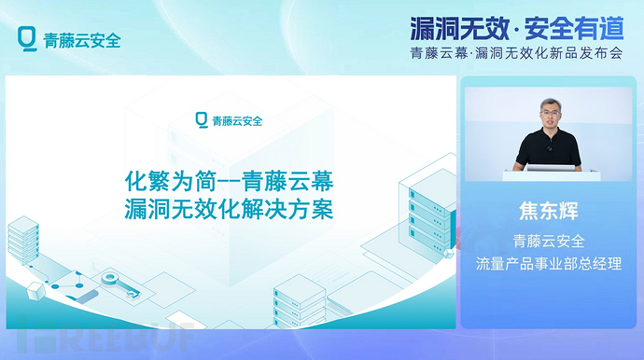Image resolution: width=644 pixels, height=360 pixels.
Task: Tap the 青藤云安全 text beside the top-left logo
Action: [82, 40]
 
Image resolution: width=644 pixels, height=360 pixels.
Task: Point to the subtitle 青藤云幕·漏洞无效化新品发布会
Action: [516, 52]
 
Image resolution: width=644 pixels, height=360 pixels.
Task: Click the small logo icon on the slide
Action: [201, 119]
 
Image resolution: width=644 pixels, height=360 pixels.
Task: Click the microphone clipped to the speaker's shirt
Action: [550, 147]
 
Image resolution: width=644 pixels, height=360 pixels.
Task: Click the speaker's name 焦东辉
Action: [549, 211]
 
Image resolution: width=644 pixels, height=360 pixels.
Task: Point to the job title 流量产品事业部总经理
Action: [549, 264]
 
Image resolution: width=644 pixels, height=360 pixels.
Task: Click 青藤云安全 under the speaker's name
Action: [549, 240]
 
